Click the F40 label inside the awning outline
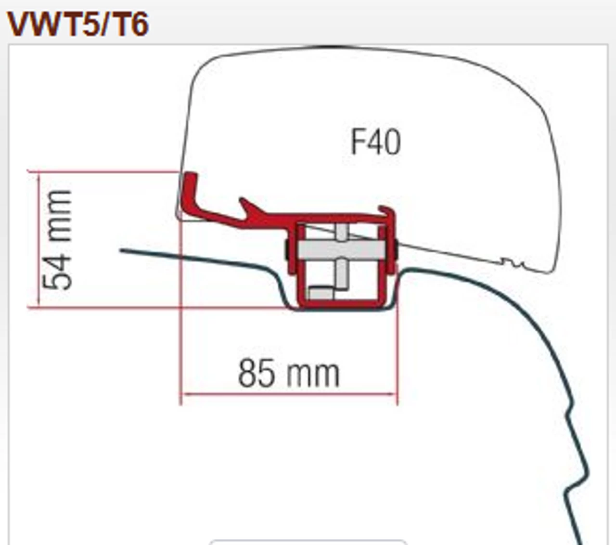[x=375, y=142]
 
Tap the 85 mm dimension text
[x=289, y=374]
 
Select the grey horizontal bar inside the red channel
[x=341, y=249]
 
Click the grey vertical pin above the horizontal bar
[x=341, y=232]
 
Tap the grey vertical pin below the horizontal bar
[x=341, y=273]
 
